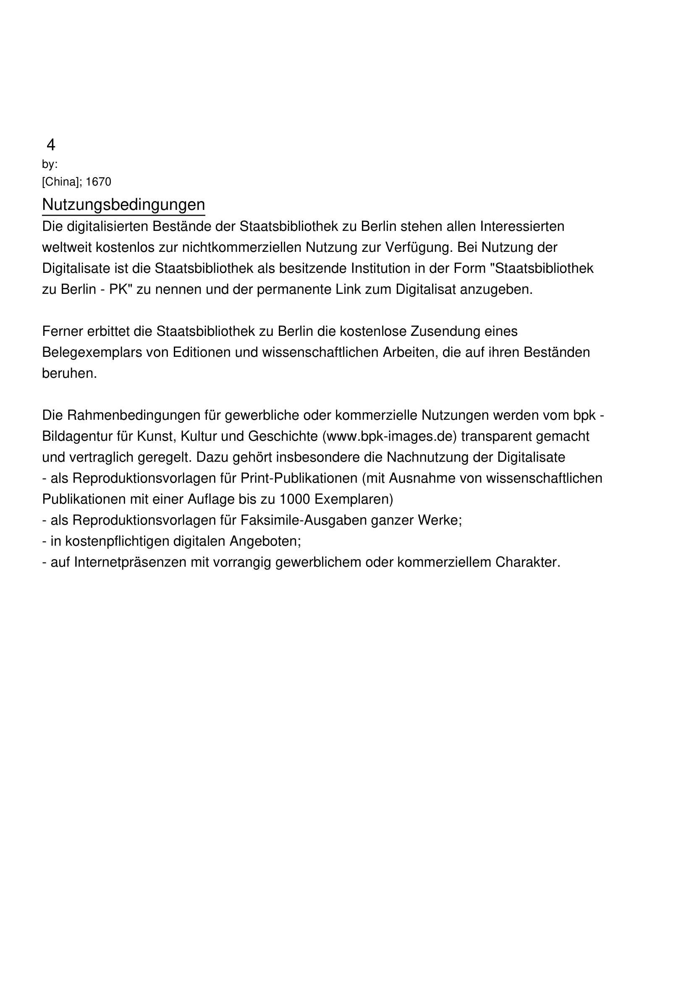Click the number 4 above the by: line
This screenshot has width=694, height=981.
[50, 145]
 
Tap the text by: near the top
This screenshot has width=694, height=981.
[50, 164]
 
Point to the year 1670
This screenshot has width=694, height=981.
[98, 182]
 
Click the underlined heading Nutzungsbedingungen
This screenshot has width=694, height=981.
[123, 205]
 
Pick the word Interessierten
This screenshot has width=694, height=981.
[522, 226]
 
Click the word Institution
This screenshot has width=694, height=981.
[383, 268]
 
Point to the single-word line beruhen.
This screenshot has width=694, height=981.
[69, 374]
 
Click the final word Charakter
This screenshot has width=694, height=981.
[527, 562]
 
